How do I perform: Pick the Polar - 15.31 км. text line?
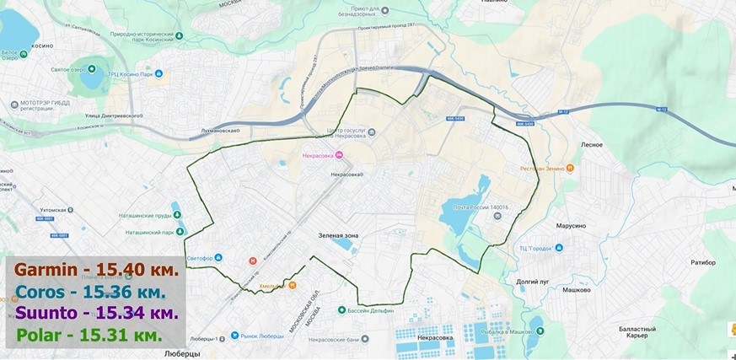coord(89,335)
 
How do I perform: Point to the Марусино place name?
coord(572,226)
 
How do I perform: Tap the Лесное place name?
coord(592,145)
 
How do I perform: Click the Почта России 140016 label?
coord(477,206)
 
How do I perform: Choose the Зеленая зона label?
coord(338,235)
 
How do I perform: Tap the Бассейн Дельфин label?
coord(371,309)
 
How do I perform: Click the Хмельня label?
coord(271,285)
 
